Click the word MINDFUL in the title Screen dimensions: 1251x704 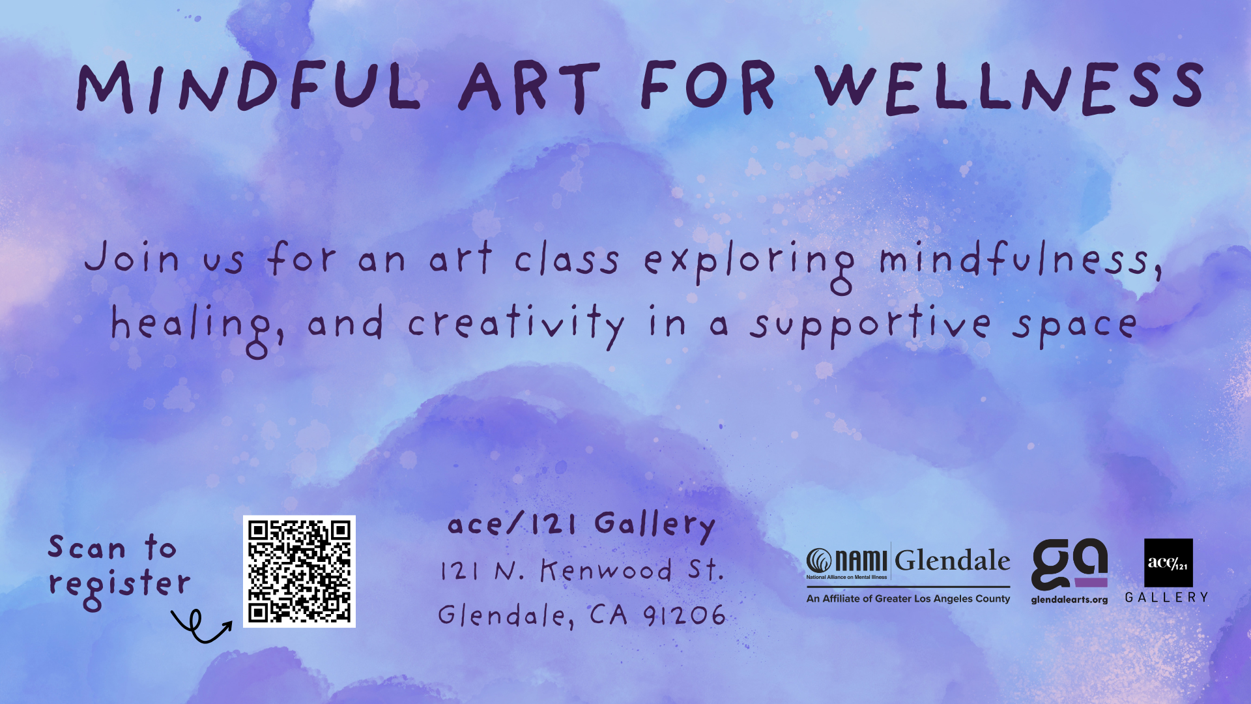(248, 87)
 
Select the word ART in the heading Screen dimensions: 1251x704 (528, 87)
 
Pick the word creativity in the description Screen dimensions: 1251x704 (515, 324)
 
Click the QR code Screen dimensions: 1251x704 (299, 572)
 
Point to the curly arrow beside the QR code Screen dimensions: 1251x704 (201, 627)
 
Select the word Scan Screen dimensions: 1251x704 (87, 548)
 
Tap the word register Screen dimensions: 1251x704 (120, 585)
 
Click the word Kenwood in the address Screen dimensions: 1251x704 (606, 570)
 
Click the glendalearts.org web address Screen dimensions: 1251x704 (1069, 600)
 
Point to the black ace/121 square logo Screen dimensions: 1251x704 (1169, 563)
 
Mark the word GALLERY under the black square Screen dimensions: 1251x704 (1167, 597)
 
